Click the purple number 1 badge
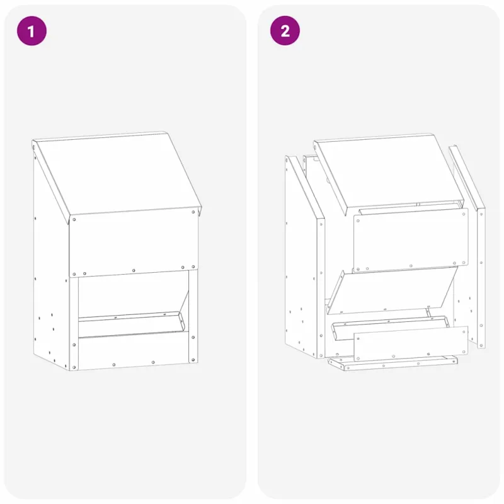(31, 31)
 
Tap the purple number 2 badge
(285, 31)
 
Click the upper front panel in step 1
(134, 242)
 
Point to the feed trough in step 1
(132, 324)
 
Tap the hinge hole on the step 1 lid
(35, 147)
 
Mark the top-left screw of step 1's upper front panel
(74, 219)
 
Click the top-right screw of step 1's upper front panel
(193, 212)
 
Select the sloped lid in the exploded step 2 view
(389, 174)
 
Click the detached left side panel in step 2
(305, 257)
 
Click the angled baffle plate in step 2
(392, 290)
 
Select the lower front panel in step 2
(411, 344)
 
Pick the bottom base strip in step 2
(392, 364)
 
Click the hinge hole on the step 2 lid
(316, 148)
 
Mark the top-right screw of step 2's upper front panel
(464, 214)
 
